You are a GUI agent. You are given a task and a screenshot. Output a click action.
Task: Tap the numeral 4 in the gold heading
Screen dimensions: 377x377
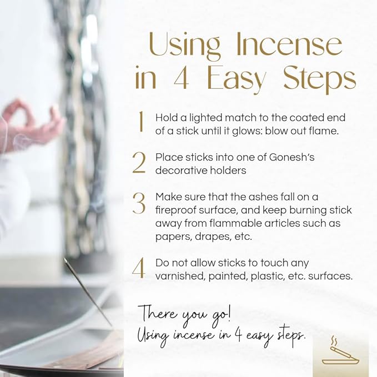click(x=182, y=77)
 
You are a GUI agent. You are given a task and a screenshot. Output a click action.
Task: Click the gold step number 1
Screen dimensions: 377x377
click(x=142, y=121)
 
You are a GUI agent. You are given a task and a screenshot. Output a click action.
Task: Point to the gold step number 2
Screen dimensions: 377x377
click(x=139, y=163)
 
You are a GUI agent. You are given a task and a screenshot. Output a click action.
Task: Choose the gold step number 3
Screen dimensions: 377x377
click(x=139, y=203)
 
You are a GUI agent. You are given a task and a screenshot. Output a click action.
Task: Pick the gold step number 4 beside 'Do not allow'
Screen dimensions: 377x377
click(x=139, y=268)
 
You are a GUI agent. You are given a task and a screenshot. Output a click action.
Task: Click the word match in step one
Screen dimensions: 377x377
click(x=240, y=118)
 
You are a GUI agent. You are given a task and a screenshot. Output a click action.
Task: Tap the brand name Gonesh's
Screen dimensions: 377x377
click(x=292, y=157)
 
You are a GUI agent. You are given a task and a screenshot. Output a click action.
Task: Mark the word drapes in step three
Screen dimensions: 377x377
click(x=213, y=237)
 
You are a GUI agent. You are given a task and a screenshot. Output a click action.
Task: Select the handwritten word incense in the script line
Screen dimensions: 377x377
click(x=193, y=336)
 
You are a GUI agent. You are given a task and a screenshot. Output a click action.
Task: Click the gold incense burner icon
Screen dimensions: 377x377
click(x=340, y=351)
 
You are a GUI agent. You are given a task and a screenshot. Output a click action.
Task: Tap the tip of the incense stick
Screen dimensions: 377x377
click(x=64, y=259)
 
